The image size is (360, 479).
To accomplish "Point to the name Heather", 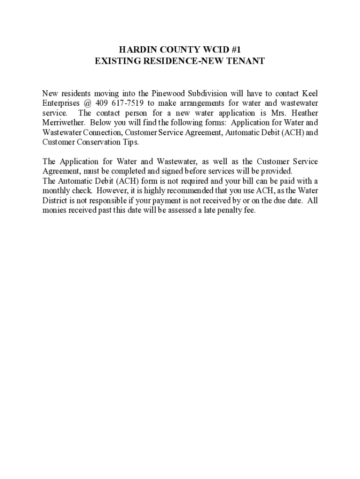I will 303,113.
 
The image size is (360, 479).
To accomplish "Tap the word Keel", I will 310,94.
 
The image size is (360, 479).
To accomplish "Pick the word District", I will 55,201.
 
